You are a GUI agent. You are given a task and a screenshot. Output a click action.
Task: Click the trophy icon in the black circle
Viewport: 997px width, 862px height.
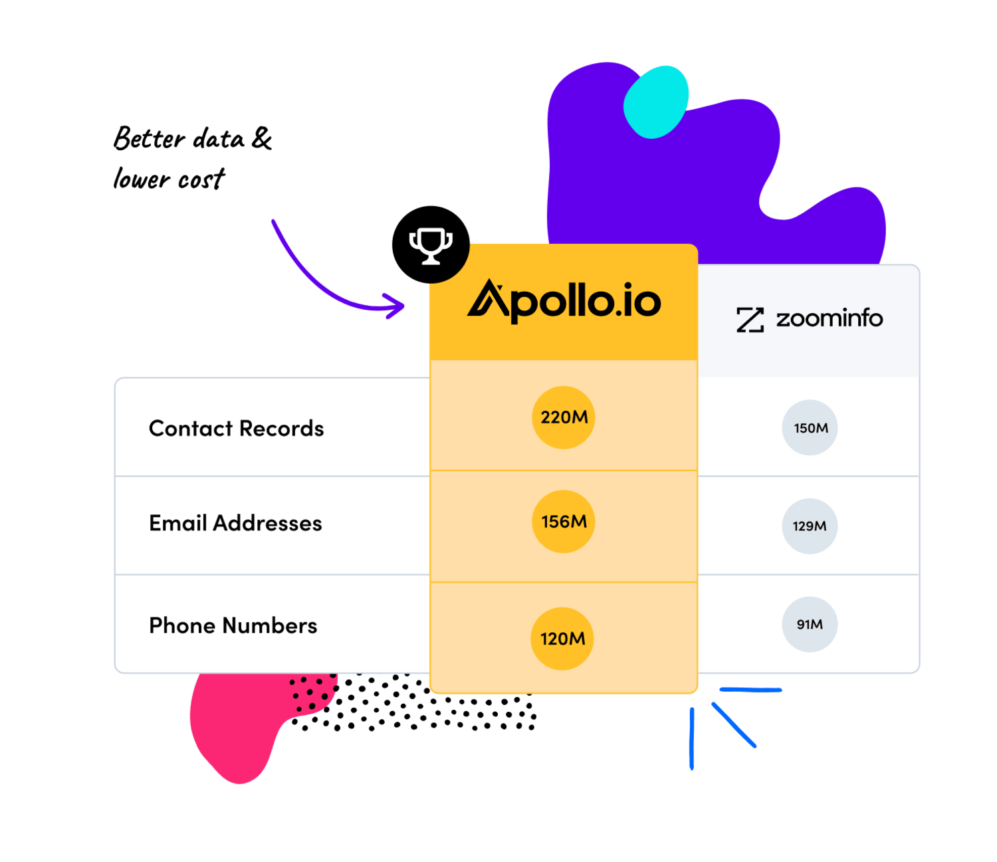pos(431,245)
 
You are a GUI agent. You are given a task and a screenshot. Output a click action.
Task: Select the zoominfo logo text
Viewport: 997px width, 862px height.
pos(830,319)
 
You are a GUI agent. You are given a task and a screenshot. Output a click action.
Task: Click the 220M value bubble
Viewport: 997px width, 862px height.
pos(564,417)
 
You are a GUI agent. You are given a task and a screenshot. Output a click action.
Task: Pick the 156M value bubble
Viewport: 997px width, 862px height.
pos(564,522)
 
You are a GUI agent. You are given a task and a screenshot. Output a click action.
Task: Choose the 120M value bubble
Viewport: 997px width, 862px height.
pos(562,639)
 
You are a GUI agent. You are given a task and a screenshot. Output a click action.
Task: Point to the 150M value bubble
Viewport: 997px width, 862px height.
pos(810,428)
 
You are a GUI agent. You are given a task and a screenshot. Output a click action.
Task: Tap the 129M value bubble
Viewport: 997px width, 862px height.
pos(810,526)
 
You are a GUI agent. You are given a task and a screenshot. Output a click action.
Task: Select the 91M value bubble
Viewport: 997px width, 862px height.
pos(810,625)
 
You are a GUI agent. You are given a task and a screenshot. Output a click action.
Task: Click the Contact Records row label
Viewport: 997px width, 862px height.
pos(236,429)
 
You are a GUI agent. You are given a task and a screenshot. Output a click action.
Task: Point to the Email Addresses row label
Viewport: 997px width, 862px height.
pos(235,524)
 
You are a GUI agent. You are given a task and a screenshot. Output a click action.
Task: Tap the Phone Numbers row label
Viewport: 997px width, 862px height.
pos(233,626)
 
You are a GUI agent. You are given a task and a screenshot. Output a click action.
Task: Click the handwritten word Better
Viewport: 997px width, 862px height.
pos(149,139)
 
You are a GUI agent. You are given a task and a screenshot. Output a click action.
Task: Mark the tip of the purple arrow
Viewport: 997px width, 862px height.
pos(403,307)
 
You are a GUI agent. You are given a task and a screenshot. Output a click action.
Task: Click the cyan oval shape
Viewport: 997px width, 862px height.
pos(656,102)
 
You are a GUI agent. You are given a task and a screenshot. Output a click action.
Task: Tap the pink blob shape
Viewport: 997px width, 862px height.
pos(233,724)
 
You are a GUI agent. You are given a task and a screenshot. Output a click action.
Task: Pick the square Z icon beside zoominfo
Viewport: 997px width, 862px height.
pos(750,320)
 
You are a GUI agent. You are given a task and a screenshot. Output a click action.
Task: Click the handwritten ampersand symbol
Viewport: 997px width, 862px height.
pos(262,139)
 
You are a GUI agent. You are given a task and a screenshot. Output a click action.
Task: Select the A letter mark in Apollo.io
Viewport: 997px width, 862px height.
pos(489,300)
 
